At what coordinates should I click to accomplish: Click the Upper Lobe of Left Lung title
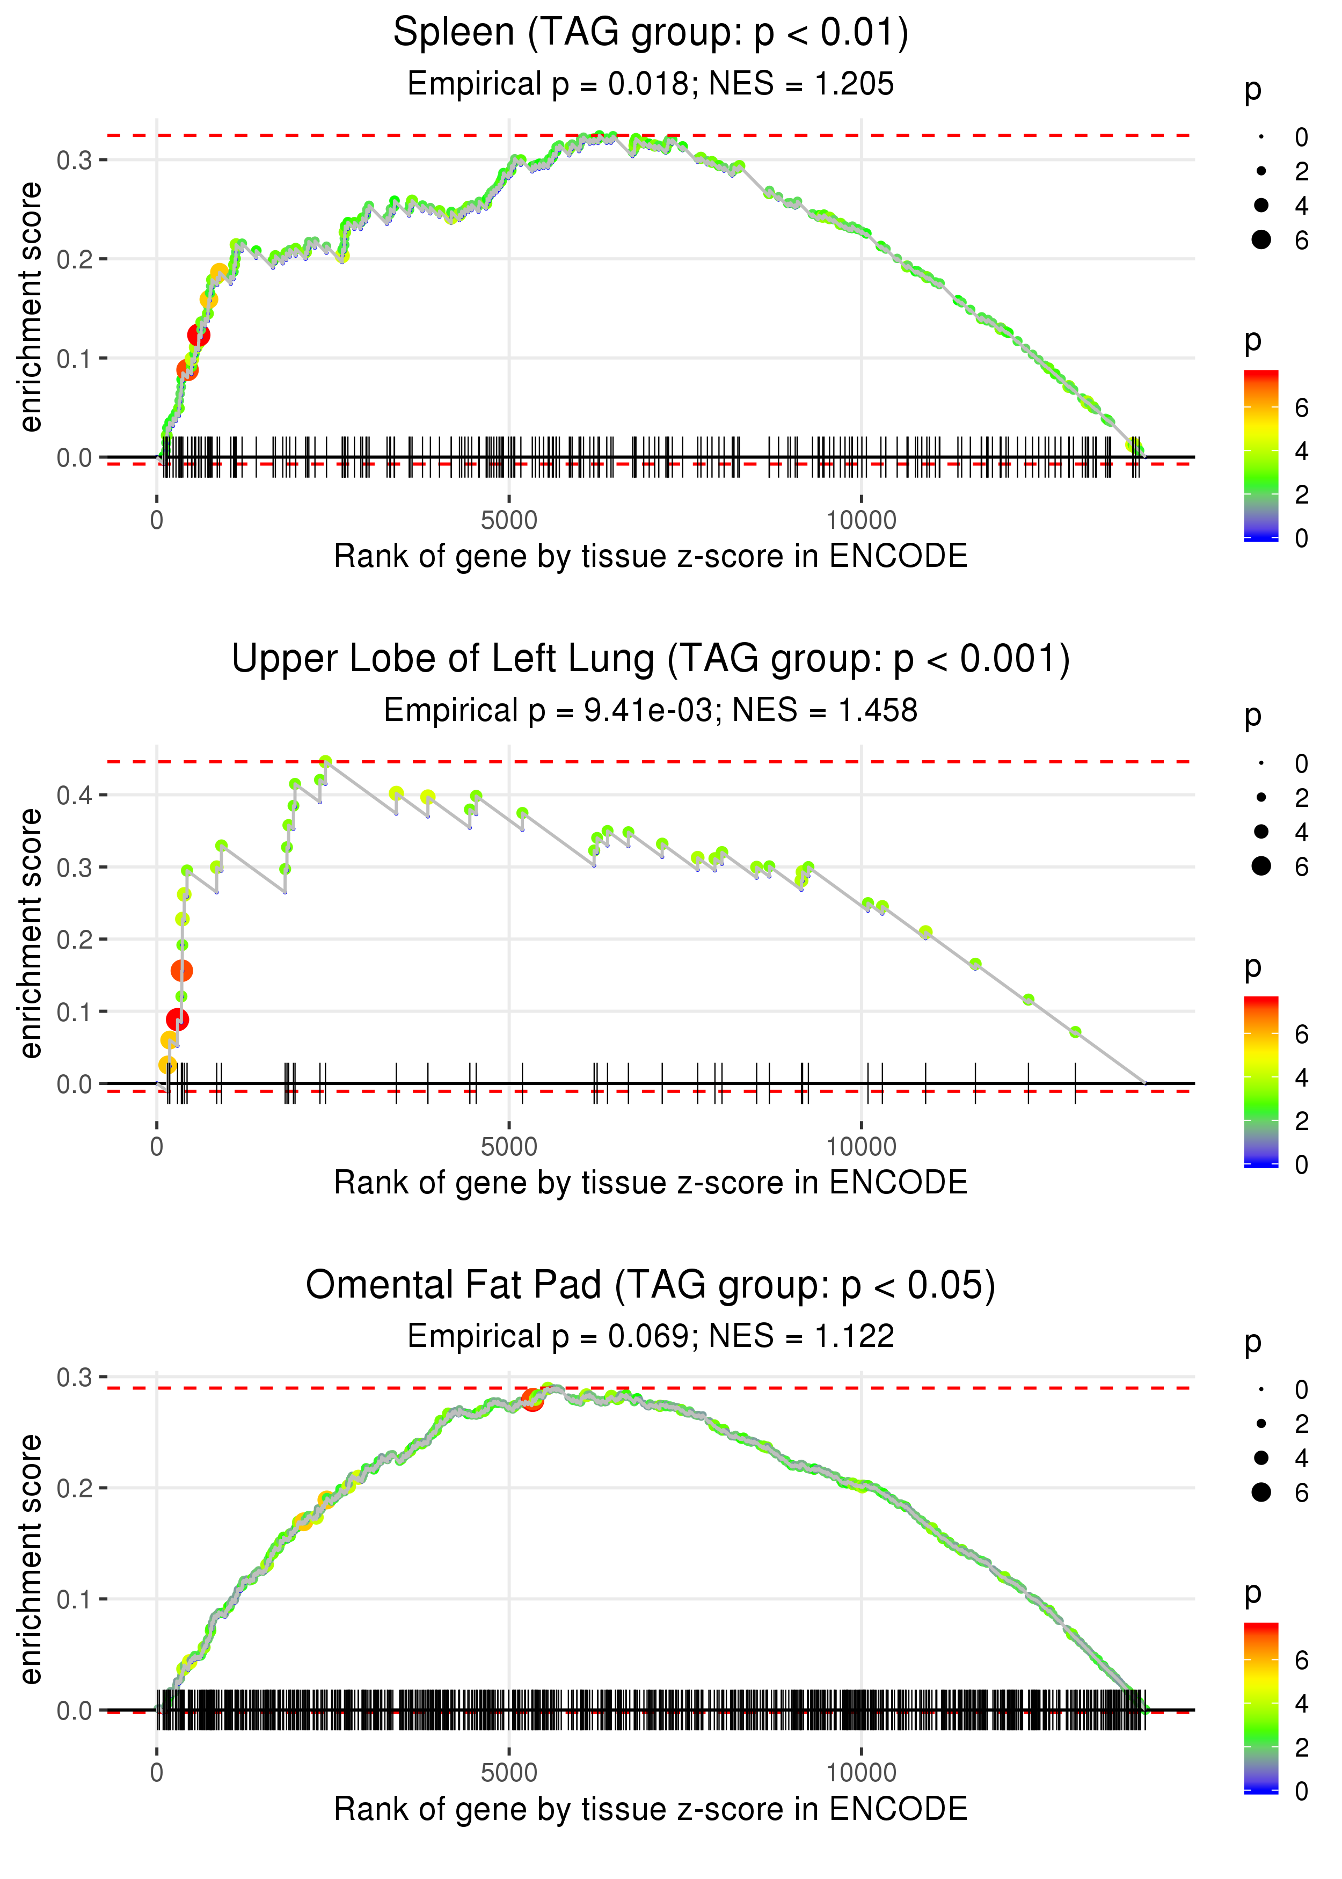[x=651, y=659]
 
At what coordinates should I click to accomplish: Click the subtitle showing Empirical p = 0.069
[x=651, y=1337]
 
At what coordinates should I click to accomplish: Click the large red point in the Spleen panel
[x=198, y=334]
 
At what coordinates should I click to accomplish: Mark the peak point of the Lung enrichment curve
[x=326, y=762]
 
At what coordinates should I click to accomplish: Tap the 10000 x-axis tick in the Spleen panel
[x=861, y=521]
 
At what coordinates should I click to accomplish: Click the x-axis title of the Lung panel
[x=651, y=1183]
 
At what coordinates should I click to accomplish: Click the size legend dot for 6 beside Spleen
[x=1261, y=239]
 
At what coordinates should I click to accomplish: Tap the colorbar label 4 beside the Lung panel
[x=1302, y=1077]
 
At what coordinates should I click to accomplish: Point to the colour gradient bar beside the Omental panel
[x=1261, y=1706]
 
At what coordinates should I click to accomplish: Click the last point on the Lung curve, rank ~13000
[x=1075, y=1032]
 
